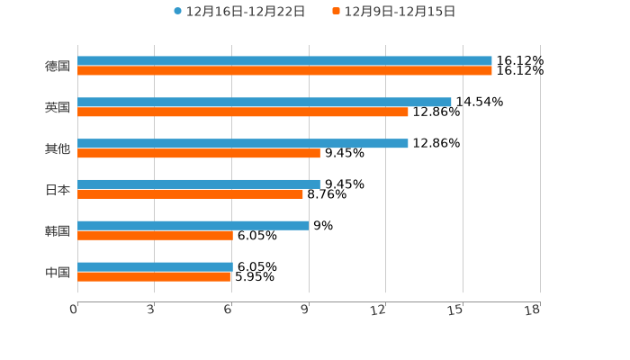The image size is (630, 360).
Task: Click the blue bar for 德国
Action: [284, 61]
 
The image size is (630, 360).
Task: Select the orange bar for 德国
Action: [284, 71]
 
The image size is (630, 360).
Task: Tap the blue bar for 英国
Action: [265, 103]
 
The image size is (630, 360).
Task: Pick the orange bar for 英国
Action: [243, 112]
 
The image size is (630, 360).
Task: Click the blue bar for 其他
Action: [243, 143]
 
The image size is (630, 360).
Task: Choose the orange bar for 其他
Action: [199, 153]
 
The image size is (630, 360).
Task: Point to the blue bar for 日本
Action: [199, 184]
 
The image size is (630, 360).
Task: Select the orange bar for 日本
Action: [191, 194]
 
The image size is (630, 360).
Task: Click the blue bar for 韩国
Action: [193, 225]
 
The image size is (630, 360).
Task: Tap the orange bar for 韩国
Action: [155, 236]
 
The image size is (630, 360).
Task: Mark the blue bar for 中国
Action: [155, 266]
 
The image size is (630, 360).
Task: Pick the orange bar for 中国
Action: [154, 276]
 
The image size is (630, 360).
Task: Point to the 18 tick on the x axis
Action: [534, 310]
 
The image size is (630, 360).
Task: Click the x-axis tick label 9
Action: [305, 310]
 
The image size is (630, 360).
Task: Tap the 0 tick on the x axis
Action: [74, 310]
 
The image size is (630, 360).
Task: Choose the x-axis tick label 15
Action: [456, 310]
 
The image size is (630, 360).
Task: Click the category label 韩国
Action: [58, 231]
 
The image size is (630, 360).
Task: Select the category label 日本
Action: [58, 190]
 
